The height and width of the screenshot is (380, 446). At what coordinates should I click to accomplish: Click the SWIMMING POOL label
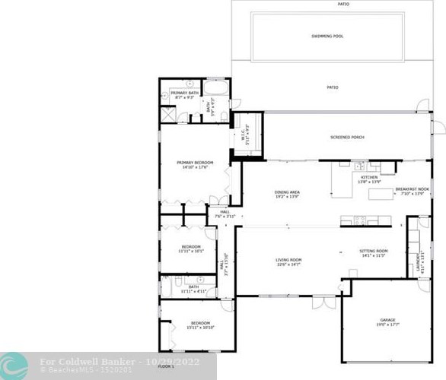pyautogui.click(x=327, y=36)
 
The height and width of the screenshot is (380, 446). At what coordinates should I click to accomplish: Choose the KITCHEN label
pyautogui.click(x=358, y=179)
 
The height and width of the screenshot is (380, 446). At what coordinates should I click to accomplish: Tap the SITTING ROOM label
pyautogui.click(x=374, y=252)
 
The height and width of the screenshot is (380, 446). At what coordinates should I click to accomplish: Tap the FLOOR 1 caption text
pyautogui.click(x=166, y=366)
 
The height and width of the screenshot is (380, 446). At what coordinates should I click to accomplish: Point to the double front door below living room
pyautogui.click(x=323, y=302)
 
